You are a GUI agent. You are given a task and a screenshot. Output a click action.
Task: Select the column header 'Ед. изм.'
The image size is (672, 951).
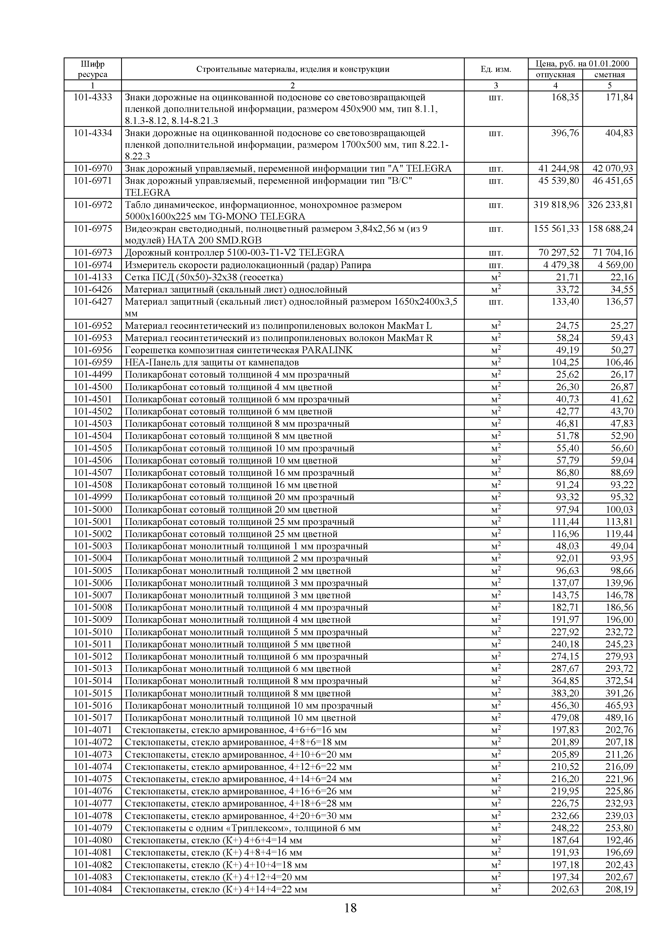pyautogui.click(x=496, y=69)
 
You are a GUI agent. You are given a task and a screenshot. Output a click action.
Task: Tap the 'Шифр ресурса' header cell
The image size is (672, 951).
pyautogui.click(x=92, y=69)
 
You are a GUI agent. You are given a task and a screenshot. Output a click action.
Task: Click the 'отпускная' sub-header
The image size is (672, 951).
pyautogui.click(x=555, y=75)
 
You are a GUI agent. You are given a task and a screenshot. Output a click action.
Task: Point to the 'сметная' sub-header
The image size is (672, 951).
pyautogui.click(x=609, y=75)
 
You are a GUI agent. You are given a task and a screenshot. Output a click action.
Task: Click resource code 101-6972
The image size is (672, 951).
pyautogui.click(x=93, y=205)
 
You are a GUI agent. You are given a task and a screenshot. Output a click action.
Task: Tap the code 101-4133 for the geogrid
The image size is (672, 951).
pyautogui.click(x=93, y=277)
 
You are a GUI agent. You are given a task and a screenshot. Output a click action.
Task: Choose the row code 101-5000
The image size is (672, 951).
pyautogui.click(x=93, y=509)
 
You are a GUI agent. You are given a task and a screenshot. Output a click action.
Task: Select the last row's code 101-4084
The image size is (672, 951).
pyautogui.click(x=93, y=889)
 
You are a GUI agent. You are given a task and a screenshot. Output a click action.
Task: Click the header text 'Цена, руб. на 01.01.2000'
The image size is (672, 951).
pyautogui.click(x=582, y=63)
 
